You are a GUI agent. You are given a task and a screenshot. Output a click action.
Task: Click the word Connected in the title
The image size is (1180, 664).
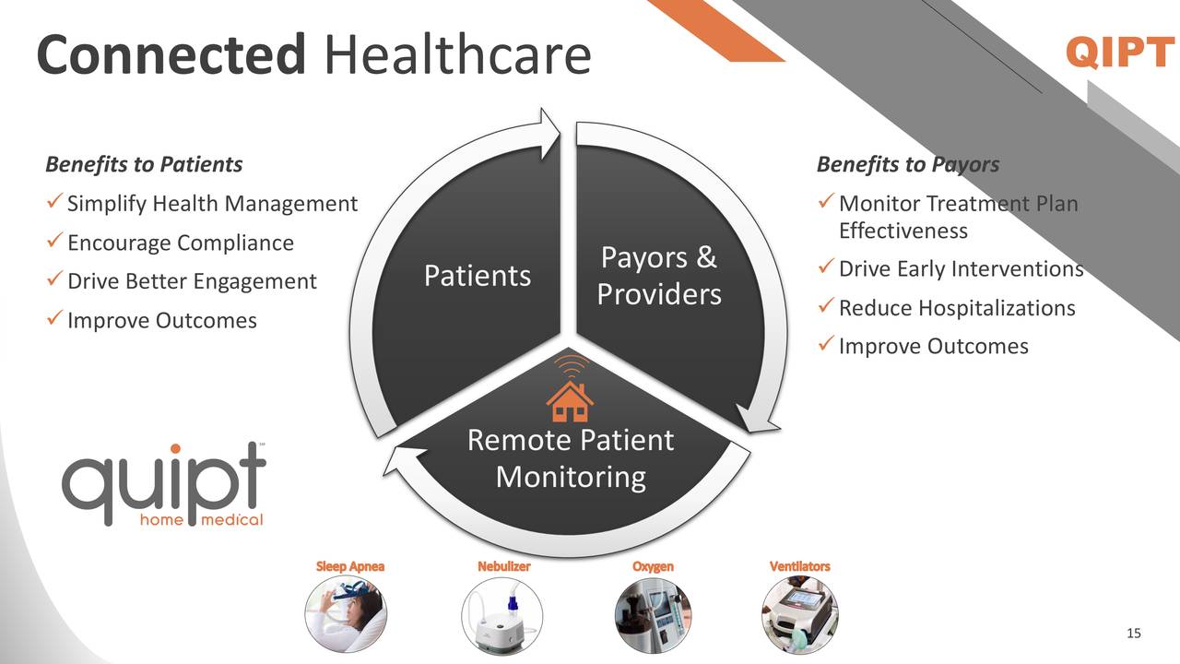click(x=171, y=55)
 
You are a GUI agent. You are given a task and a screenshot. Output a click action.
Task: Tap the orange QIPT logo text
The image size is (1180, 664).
click(x=1119, y=53)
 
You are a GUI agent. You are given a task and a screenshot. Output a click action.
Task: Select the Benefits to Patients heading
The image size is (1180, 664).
click(x=144, y=165)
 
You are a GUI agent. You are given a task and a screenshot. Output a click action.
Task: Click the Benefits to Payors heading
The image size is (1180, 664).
click(x=907, y=165)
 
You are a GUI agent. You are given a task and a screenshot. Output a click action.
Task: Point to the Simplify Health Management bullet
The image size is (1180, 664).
click(x=211, y=204)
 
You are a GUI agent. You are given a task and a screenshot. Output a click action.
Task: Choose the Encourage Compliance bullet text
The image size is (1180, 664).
click(x=180, y=243)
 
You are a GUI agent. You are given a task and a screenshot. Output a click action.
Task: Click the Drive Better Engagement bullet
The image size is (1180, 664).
click(x=192, y=281)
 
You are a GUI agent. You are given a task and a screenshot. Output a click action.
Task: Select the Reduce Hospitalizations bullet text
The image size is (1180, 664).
click(x=957, y=308)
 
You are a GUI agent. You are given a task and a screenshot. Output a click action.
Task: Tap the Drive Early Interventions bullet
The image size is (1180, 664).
click(x=961, y=269)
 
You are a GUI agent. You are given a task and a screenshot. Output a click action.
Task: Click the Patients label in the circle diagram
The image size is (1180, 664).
click(x=477, y=276)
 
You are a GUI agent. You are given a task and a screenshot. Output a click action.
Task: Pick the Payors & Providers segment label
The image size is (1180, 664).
click(x=658, y=276)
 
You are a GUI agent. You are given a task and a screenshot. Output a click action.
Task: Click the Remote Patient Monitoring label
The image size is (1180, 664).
click(x=570, y=458)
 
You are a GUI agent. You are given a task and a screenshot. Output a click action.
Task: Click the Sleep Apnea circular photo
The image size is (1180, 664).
click(x=346, y=614)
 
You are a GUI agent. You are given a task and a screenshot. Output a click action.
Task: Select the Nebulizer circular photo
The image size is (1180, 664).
click(x=501, y=614)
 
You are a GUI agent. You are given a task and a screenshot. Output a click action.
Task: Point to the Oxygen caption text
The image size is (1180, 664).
click(x=653, y=566)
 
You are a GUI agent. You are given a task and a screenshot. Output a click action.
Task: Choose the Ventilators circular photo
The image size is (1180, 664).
click(x=800, y=614)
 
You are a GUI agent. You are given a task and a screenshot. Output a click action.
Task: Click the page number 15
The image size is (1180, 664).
click(x=1134, y=633)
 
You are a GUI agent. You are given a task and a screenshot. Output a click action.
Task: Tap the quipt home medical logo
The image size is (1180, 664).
click(x=164, y=484)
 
